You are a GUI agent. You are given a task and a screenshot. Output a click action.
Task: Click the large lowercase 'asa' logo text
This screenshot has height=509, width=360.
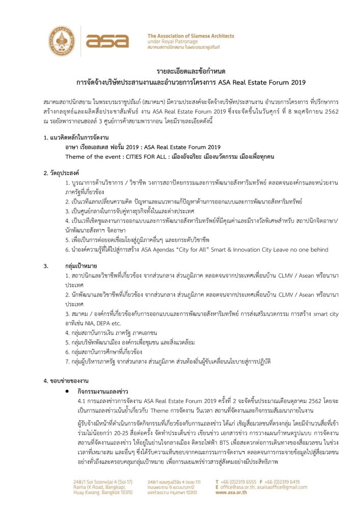[x=107, y=41]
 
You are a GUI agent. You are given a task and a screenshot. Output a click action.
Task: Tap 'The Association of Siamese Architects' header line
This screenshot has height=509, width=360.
[x=190, y=36]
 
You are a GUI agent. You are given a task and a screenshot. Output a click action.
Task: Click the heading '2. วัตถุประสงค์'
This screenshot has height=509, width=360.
[x=61, y=173]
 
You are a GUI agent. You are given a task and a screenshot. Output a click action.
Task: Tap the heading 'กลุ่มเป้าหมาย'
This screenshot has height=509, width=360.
[x=83, y=266]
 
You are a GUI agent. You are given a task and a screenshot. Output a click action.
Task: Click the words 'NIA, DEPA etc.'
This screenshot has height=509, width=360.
[x=99, y=324]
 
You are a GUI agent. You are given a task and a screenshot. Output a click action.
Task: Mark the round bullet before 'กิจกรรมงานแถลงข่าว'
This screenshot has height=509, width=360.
[x=67, y=391]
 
